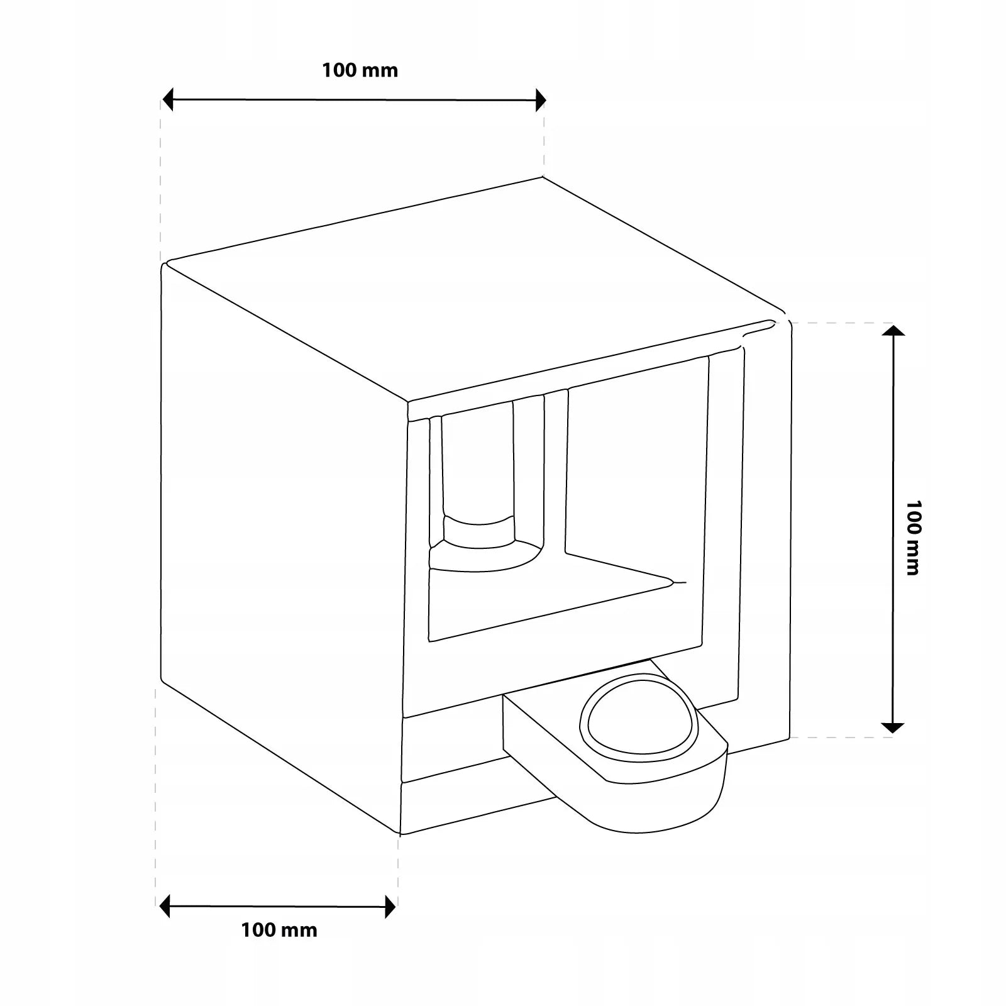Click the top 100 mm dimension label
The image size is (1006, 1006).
[360, 70]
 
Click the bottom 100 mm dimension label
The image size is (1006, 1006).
[279, 930]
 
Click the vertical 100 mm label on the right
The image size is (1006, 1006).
[913, 537]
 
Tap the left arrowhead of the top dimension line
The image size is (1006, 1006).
[168, 99]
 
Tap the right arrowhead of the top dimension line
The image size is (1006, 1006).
[540, 99]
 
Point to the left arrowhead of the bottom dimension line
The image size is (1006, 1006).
[165, 907]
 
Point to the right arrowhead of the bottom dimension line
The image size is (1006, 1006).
[390, 907]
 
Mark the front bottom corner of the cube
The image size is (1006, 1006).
[401, 834]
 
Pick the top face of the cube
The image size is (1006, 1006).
[472, 289]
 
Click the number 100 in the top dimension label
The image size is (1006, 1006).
[340, 70]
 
